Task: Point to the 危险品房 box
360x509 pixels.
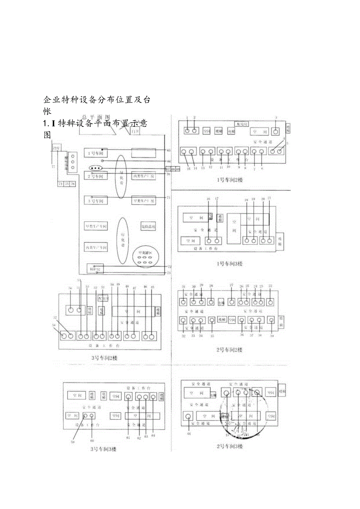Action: pos(148,226)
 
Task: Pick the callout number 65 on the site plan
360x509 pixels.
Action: pos(169,150)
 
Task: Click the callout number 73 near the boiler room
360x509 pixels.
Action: pos(169,273)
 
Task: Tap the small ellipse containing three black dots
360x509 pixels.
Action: pos(96,168)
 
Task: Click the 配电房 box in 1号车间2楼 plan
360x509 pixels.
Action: pos(241,124)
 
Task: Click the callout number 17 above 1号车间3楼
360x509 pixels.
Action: pos(217,199)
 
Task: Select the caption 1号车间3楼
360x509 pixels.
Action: pos(229,264)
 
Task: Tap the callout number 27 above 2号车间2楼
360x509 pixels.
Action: pos(231,286)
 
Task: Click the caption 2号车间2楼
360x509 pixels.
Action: pos(229,349)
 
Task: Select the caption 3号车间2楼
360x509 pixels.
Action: pos(104,358)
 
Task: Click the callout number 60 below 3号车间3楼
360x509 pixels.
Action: pos(92,441)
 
